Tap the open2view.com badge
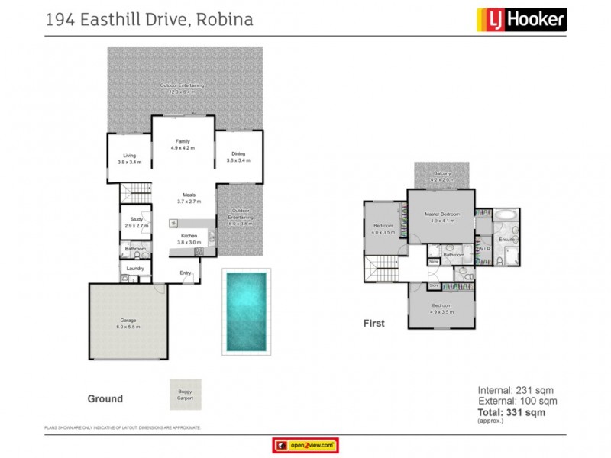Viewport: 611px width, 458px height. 305,445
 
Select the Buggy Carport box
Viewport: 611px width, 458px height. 186,395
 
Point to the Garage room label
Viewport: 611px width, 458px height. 128,323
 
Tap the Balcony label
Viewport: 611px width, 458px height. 442,175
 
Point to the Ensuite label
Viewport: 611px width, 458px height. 506,240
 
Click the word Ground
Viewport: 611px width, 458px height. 105,398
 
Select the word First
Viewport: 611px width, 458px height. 373,323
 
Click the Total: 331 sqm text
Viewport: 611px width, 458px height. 512,412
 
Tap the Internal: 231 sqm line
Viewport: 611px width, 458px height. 517,390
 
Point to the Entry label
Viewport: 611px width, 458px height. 186,273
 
